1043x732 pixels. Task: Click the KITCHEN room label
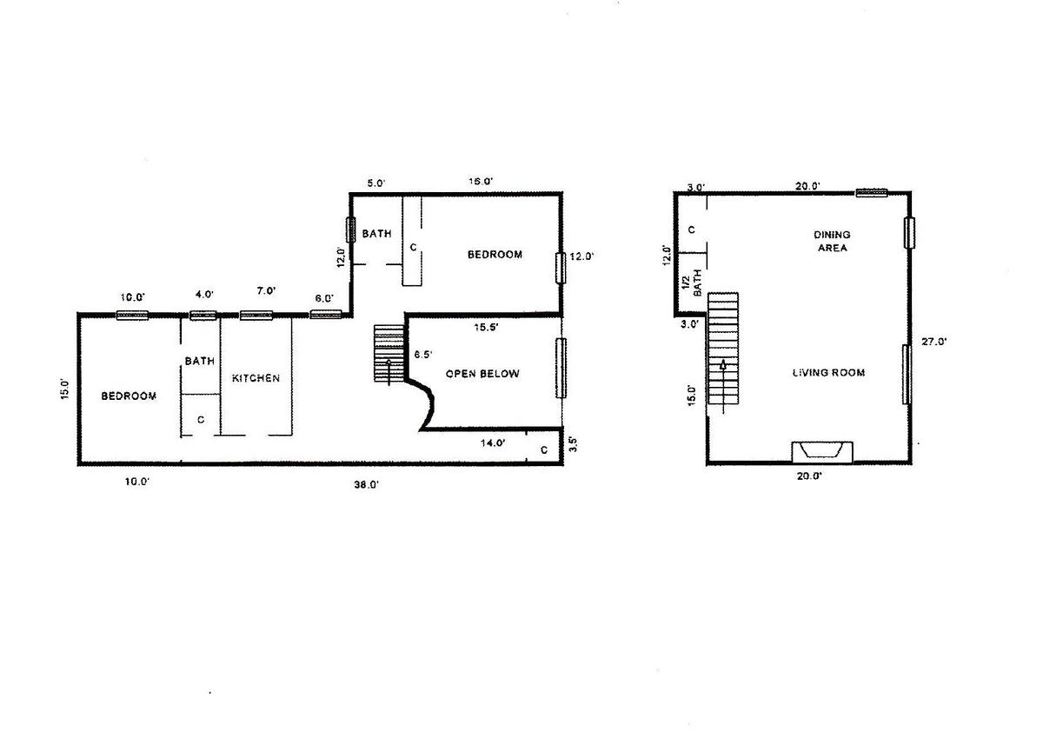tap(256, 378)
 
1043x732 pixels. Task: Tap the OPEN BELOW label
tap(482, 374)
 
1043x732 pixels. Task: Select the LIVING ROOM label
tap(829, 372)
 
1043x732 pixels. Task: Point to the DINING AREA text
tap(832, 241)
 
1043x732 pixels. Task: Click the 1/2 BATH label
tap(692, 283)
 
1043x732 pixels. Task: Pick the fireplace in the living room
tap(822, 451)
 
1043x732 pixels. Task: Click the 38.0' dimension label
tap(367, 485)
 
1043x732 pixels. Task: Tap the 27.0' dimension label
tap(934, 342)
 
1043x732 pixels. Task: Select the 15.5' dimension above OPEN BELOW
tap(486, 328)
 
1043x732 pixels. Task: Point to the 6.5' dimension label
tap(422, 355)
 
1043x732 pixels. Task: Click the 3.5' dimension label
tap(574, 443)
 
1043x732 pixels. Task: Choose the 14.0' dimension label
tap(493, 443)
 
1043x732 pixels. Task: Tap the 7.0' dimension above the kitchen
tap(266, 291)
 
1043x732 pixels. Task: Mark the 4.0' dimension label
tap(204, 295)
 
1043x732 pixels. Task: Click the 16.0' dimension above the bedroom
tap(481, 181)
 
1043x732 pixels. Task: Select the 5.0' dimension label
tap(376, 183)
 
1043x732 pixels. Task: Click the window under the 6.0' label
tap(326, 315)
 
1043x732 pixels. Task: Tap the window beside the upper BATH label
tap(350, 230)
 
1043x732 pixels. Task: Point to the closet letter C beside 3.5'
tap(544, 449)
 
